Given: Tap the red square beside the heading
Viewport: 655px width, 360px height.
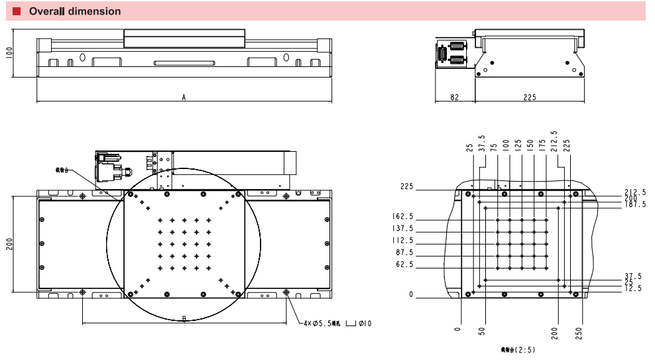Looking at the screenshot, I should coord(17,11).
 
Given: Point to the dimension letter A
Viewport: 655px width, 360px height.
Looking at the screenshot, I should coord(184,97).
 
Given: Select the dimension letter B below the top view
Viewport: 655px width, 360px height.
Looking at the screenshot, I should coord(184,319).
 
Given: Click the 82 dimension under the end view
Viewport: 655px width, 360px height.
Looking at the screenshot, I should coord(454,97).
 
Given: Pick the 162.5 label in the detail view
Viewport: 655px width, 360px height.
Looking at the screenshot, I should coord(402,217).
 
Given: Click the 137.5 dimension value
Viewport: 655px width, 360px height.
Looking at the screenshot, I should coord(402,229).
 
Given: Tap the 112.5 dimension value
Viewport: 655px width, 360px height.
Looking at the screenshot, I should coord(402,241).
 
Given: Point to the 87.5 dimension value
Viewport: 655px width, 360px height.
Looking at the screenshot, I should coord(404,253).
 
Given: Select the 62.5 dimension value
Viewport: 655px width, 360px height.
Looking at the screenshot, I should coord(404,265).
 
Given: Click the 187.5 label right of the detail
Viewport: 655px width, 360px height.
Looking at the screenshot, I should coord(634,205).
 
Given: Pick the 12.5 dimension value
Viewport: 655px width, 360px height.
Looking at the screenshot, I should coord(632,288).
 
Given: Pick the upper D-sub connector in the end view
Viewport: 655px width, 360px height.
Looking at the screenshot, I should coord(457,47).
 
